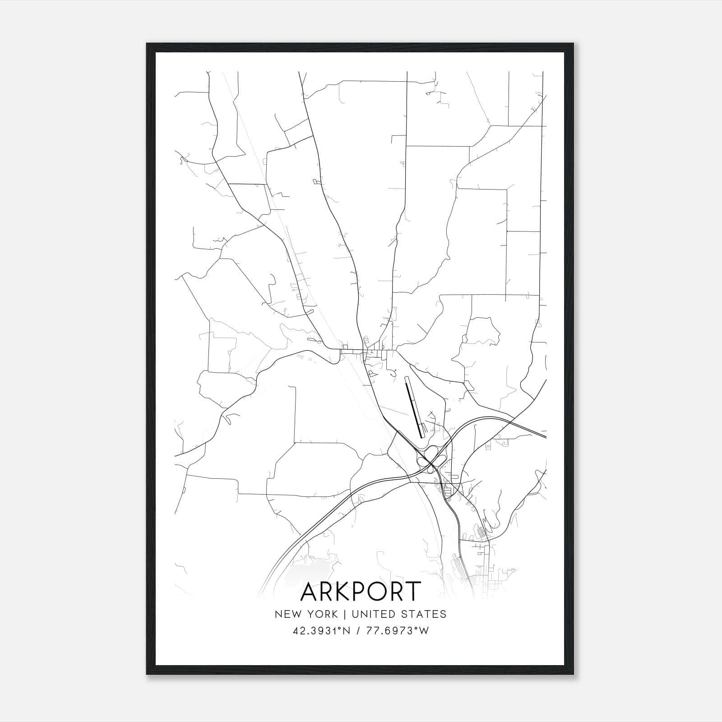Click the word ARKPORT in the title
pos(361,592)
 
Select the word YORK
pos(321,614)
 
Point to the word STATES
pos(425,614)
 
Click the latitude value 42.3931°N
pos(321,631)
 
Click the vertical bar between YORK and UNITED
pos(344,614)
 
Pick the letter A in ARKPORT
pos(310,592)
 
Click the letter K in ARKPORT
pos(346,592)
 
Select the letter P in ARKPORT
pos(364,592)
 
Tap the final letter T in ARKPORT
pos(414,592)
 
